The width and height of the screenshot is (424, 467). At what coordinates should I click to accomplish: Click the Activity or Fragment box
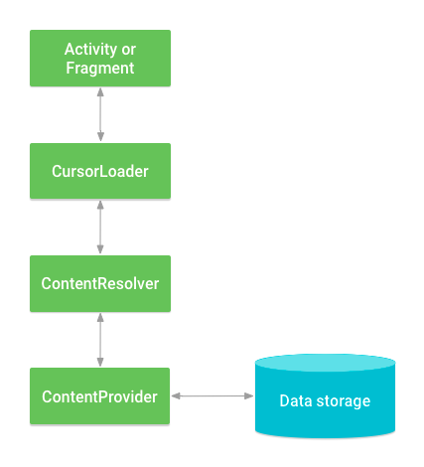click(99, 58)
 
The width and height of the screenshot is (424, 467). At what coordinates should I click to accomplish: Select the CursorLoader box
click(99, 171)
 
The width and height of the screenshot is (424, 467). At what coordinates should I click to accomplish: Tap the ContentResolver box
click(99, 283)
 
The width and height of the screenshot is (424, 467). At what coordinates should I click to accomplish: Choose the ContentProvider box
click(99, 396)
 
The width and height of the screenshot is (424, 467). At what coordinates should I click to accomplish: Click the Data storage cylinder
click(325, 402)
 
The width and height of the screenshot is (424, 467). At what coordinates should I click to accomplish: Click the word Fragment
click(99, 69)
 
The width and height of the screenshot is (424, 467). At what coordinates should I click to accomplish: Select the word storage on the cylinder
click(343, 401)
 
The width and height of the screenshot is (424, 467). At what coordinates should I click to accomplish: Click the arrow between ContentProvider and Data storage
click(213, 396)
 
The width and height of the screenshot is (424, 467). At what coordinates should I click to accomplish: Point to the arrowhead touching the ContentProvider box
click(176, 396)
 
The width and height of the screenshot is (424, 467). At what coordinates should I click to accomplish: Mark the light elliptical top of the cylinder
click(325, 363)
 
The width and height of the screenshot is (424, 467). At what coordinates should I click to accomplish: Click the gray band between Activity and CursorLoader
click(258, 114)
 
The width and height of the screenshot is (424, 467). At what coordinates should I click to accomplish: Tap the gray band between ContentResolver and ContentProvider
click(258, 338)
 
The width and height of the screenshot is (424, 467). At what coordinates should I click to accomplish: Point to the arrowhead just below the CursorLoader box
click(99, 204)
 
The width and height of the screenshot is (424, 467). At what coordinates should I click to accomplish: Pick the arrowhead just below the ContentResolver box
click(99, 316)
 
